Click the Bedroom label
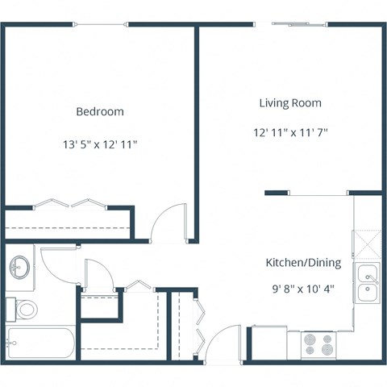pos(100,111)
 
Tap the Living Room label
pos(289,103)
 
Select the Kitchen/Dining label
pos(303,263)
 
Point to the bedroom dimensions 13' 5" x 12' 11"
pos(100,145)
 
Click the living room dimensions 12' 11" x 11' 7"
pos(289,131)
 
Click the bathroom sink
pos(20,265)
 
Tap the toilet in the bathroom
pos(24,308)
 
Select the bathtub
pos(40,343)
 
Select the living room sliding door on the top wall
pos(300,24)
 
